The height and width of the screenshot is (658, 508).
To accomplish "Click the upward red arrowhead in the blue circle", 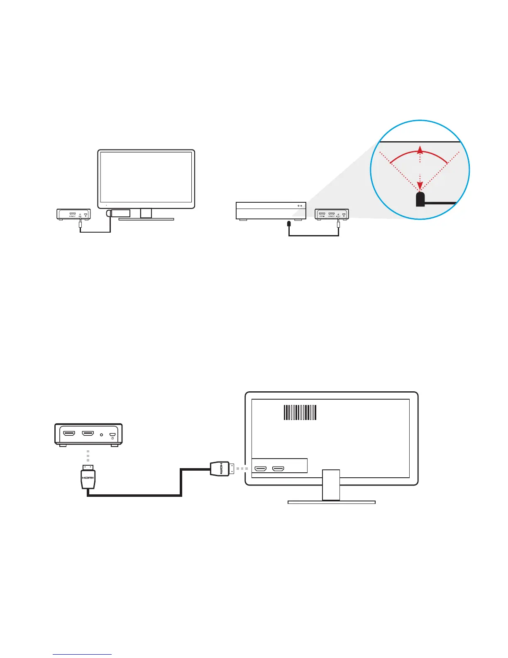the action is click(x=420, y=150).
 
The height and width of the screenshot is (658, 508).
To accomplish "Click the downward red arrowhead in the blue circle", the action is click(x=420, y=185).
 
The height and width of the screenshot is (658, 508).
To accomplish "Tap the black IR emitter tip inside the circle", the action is click(x=420, y=199).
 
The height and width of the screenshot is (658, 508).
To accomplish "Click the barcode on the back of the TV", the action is click(x=300, y=412).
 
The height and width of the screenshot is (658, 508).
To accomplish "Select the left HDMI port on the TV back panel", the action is click(x=260, y=469).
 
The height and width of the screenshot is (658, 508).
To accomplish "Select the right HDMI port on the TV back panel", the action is click(x=278, y=469).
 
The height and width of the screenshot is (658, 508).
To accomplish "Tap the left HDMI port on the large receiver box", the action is click(x=68, y=434).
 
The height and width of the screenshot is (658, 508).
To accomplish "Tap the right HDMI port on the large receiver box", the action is click(x=88, y=434).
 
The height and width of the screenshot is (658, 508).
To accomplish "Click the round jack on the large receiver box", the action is click(x=102, y=435).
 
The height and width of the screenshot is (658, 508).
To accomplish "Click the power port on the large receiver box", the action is click(x=112, y=435).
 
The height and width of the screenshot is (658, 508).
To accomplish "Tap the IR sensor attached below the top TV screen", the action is click(x=119, y=214).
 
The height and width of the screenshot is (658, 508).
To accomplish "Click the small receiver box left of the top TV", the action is click(x=73, y=214).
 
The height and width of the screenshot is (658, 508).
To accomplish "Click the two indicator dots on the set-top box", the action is click(x=299, y=206).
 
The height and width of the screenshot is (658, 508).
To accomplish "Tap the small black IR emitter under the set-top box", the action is click(x=289, y=223).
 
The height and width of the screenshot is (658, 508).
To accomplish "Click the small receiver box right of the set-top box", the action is click(x=332, y=214).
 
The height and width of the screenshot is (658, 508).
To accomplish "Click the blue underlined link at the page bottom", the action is click(x=82, y=655).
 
